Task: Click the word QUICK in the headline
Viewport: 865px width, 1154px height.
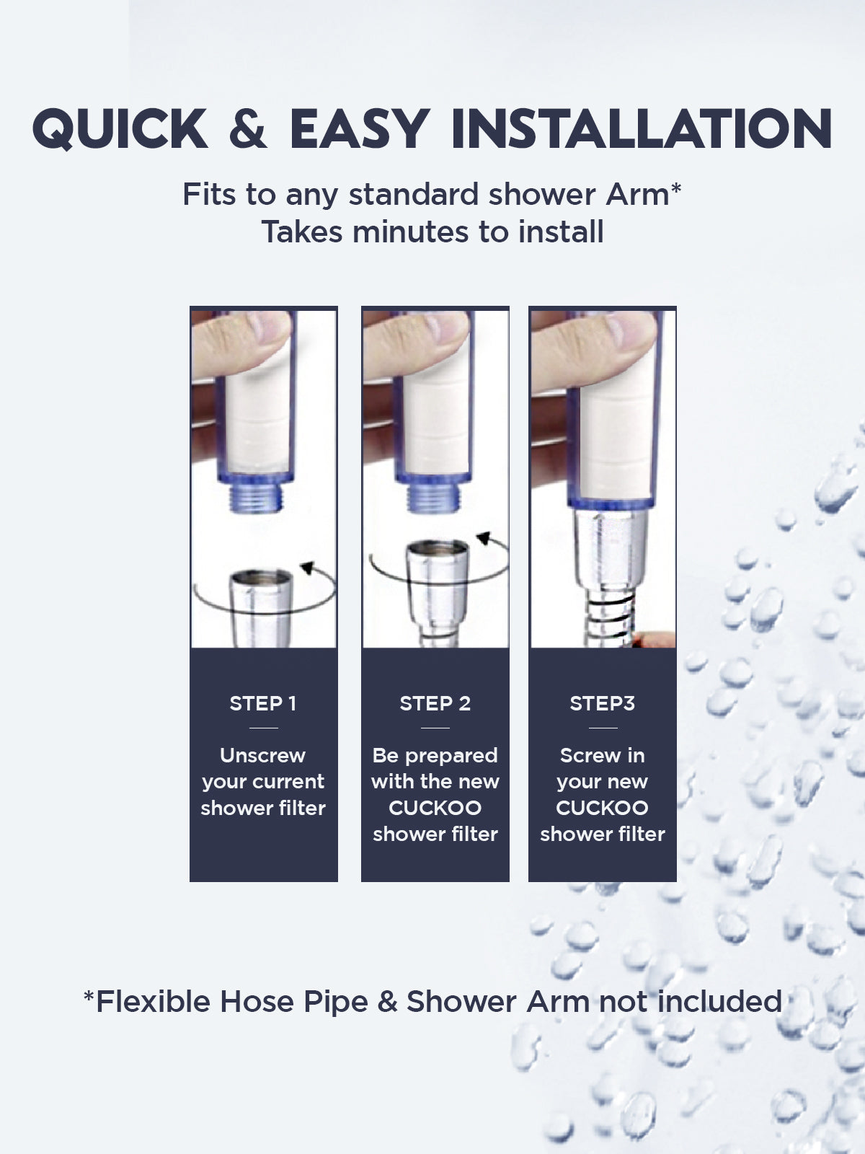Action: (120, 130)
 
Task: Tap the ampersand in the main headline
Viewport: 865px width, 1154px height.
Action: (248, 130)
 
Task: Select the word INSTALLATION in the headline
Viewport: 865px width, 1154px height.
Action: (641, 130)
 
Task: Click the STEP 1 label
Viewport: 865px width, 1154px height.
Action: (263, 703)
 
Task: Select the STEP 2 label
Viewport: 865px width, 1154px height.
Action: (435, 703)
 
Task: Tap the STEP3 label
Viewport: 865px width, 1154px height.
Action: (602, 703)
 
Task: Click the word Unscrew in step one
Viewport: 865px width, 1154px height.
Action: (263, 755)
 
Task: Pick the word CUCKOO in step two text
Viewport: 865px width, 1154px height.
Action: (435, 808)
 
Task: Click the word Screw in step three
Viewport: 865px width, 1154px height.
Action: (582, 755)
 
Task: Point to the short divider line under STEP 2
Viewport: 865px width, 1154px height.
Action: (435, 728)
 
